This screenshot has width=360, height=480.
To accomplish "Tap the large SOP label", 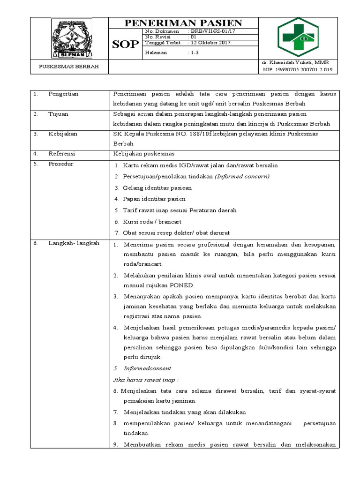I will coord(125,45).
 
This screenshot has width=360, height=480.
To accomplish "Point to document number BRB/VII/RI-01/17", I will coord(210,31).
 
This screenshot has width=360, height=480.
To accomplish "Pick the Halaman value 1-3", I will coord(194,53).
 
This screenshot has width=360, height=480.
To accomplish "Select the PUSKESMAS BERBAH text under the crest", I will coord(69,67).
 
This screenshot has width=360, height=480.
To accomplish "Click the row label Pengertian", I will coord(63,94).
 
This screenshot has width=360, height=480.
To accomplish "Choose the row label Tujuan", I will coord(58,114).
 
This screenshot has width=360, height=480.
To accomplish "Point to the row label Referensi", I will coord(61,153).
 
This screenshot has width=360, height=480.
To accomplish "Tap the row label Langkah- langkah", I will coord(74,243).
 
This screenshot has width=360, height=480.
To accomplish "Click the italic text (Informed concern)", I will coord(242,176).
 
